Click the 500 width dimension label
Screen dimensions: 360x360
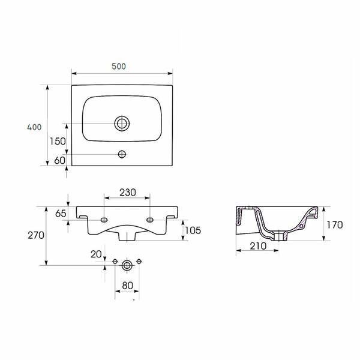pyautogui.click(x=119, y=67)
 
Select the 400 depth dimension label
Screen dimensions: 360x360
pyautogui.click(x=34, y=127)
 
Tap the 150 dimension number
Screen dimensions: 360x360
pyautogui.click(x=58, y=141)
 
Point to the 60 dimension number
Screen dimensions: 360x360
pyautogui.click(x=59, y=160)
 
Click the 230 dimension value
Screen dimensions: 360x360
pyautogui.click(x=128, y=193)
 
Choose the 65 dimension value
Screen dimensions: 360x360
pyautogui.click(x=61, y=214)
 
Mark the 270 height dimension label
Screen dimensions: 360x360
pyautogui.click(x=36, y=235)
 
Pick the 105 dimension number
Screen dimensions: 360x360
pyautogui.click(x=193, y=230)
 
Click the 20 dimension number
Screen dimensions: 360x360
pyautogui.click(x=96, y=254)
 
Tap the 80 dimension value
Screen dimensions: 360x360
pyautogui.click(x=128, y=286)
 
